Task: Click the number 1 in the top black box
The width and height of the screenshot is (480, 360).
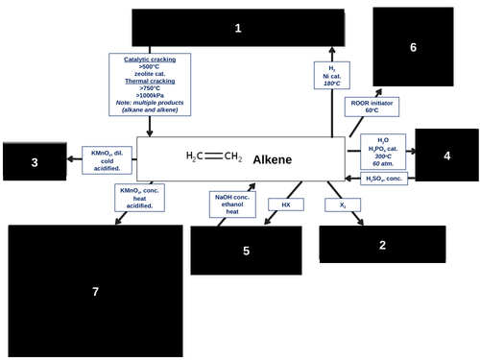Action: tap(238, 30)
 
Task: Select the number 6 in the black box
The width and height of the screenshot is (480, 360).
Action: tap(413, 47)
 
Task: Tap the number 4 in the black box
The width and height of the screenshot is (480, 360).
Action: tap(446, 156)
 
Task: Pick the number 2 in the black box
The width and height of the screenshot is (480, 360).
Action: tap(382, 246)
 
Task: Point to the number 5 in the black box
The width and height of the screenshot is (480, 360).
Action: tap(246, 251)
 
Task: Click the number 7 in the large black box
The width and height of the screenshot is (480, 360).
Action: tap(95, 291)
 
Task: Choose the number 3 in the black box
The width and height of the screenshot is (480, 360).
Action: tap(35, 163)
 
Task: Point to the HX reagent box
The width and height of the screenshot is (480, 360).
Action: tap(285, 204)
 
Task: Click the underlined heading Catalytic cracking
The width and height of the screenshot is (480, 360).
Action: tap(150, 59)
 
